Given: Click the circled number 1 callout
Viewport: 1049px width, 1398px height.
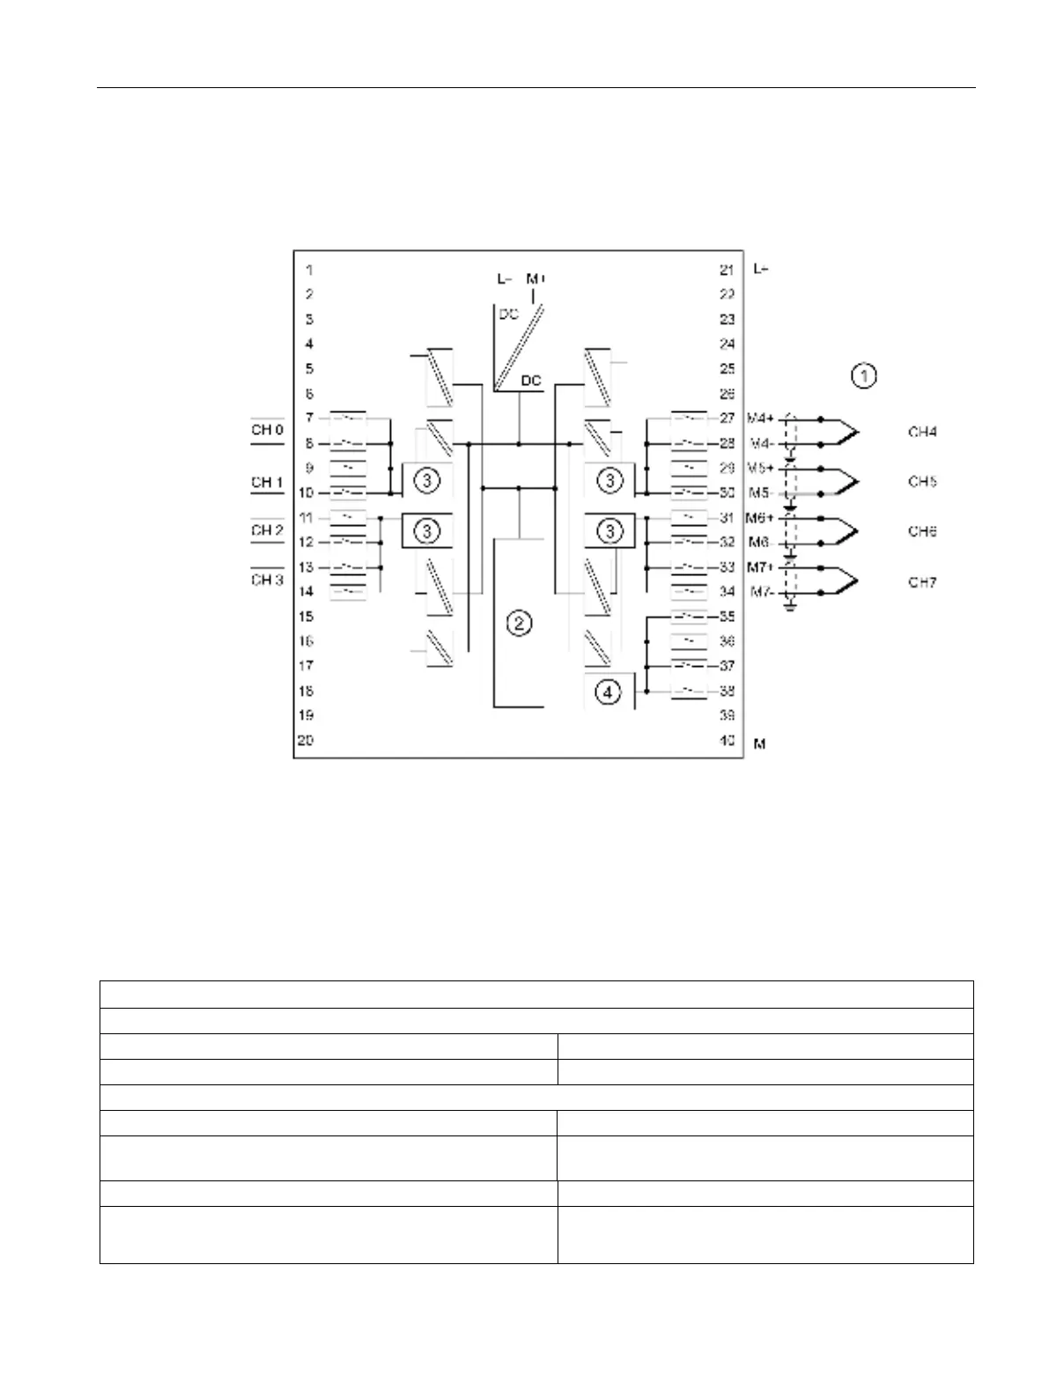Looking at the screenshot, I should pyautogui.click(x=864, y=376).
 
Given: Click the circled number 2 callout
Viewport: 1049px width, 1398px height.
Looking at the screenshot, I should pyautogui.click(x=520, y=624).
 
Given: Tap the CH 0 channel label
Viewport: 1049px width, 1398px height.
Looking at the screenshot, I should pyautogui.click(x=267, y=431).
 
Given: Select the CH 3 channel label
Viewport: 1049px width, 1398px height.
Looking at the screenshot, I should pyautogui.click(x=267, y=580).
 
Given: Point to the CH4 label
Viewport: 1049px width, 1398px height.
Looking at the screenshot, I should pyautogui.click(x=922, y=432).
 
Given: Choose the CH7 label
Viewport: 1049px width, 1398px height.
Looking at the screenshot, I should pyautogui.click(x=922, y=582).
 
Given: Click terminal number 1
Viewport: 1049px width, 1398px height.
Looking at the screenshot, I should pyautogui.click(x=309, y=270).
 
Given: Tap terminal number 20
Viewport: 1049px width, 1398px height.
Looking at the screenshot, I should pyautogui.click(x=305, y=740).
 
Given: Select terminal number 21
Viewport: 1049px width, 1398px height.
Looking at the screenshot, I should pyautogui.click(x=726, y=270).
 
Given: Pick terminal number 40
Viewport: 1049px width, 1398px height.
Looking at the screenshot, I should pyautogui.click(x=727, y=741).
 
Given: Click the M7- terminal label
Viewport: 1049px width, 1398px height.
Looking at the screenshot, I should pyautogui.click(x=761, y=592).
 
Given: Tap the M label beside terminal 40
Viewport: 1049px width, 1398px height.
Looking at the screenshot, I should pyautogui.click(x=759, y=744).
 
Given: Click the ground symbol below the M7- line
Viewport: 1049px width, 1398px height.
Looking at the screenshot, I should pyautogui.click(x=790, y=607).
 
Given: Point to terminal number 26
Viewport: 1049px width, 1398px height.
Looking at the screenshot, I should pyautogui.click(x=726, y=394).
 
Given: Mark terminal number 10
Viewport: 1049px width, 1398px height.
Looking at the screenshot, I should pyautogui.click(x=305, y=492).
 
